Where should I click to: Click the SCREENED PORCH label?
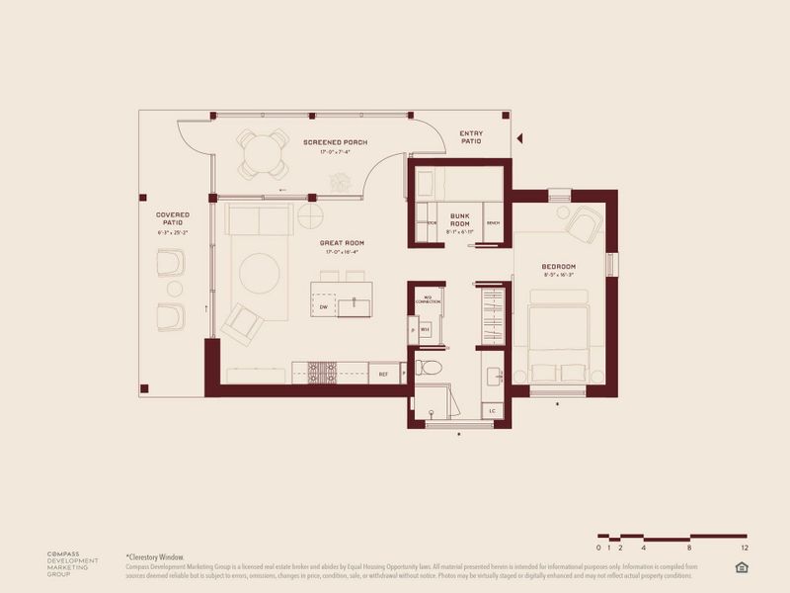click(x=336, y=142)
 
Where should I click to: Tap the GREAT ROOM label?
click(x=343, y=242)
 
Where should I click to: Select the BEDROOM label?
click(x=558, y=268)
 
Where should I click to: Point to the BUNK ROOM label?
click(x=459, y=219)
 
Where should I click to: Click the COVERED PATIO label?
click(x=172, y=218)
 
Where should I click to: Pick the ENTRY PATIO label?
click(x=471, y=137)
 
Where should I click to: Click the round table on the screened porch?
click(x=262, y=153)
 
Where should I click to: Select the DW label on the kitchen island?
click(x=324, y=308)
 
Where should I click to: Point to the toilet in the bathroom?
click(x=429, y=368)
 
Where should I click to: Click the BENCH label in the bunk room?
click(x=493, y=223)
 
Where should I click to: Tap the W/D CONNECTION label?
click(x=428, y=298)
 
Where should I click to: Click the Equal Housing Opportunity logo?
click(x=742, y=565)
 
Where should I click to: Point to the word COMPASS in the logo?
click(x=65, y=553)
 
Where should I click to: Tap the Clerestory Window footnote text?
click(x=158, y=557)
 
